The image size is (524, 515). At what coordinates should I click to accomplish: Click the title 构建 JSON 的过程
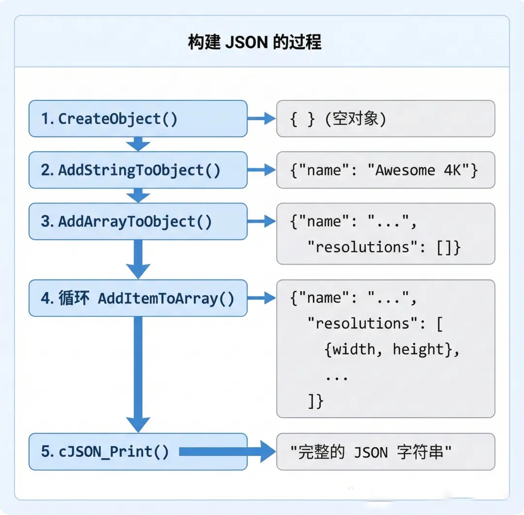pyautogui.click(x=254, y=43)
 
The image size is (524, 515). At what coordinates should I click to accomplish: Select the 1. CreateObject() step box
pyautogui.click(x=138, y=119)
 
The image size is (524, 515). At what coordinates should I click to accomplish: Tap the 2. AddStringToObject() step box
pyautogui.click(x=138, y=170)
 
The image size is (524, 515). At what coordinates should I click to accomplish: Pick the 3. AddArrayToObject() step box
pyautogui.click(x=138, y=221)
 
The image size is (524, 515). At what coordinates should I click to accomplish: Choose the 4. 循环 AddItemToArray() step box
pyautogui.click(x=138, y=298)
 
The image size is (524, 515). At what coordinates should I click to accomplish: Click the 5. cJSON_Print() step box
pyautogui.click(x=138, y=452)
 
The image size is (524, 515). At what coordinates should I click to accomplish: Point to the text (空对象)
pyautogui.click(x=356, y=119)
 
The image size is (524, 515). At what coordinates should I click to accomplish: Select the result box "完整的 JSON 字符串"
pyautogui.click(x=385, y=452)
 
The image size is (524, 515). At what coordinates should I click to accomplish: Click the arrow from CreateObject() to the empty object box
pyautogui.click(x=262, y=119)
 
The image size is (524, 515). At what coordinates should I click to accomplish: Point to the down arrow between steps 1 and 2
pyautogui.click(x=138, y=143)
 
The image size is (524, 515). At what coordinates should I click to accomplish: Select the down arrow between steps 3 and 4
pyautogui.click(x=138, y=259)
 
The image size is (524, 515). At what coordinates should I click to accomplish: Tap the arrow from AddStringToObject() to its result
pyautogui.click(x=262, y=170)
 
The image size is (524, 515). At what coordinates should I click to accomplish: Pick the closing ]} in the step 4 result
pyautogui.click(x=315, y=401)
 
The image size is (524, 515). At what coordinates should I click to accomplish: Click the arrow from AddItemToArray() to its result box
pyautogui.click(x=262, y=298)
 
